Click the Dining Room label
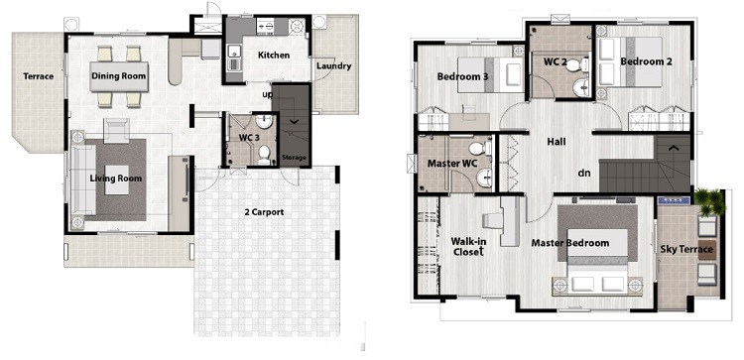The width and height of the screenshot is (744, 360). coord(119,76)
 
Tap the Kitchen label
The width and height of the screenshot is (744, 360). coord(274,55)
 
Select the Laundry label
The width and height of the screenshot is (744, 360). coord(333,65)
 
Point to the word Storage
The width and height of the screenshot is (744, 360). coord(295,158)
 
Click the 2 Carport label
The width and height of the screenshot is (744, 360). coord(264,212)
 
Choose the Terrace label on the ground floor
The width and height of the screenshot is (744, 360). coord(39,76)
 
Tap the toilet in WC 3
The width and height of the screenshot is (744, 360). coord(264,155)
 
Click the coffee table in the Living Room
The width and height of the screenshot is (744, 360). coord(117,180)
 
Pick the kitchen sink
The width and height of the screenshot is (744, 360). coord(233,57)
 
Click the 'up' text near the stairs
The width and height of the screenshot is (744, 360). coord(268,95)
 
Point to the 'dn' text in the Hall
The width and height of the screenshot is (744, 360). coord(584,174)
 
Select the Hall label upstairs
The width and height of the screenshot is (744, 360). coord(557,142)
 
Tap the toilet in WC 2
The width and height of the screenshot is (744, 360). coord(577,65)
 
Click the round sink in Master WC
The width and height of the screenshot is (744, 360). coord(484,179)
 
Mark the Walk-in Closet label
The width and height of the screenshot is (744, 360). coord(469,247)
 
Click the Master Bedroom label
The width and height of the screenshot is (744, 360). coord(569,243)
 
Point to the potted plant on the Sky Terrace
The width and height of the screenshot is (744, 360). coord(709,200)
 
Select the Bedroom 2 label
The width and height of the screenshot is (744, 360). coord(646,61)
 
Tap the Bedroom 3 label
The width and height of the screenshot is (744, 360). coord(463,76)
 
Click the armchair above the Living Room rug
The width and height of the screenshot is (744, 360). coord(116,131)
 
